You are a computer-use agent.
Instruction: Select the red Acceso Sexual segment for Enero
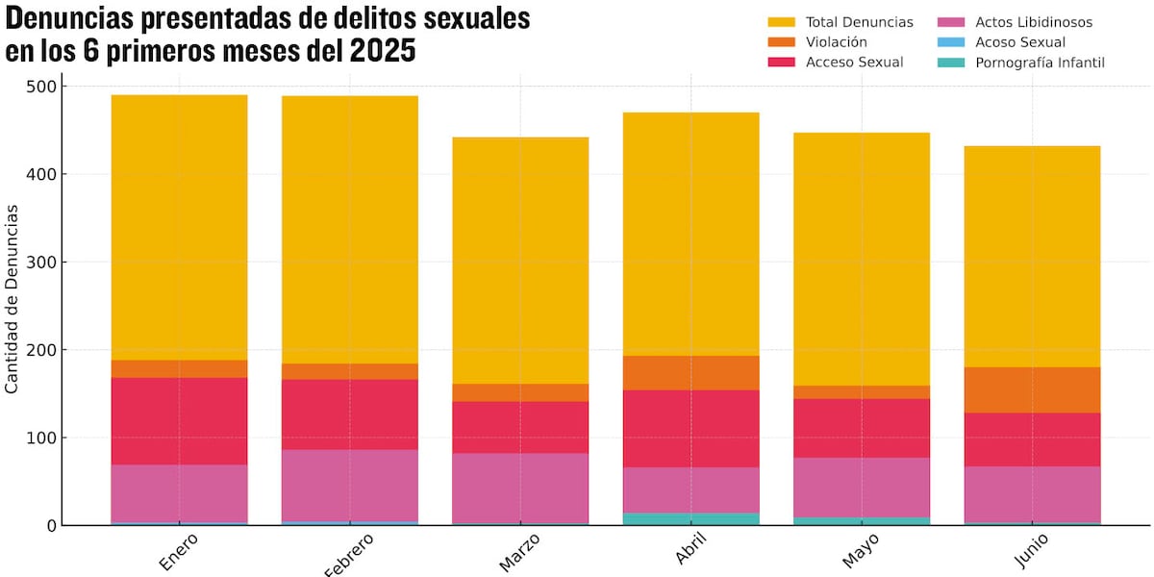click(179, 421)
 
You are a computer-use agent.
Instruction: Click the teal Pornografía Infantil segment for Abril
click(691, 518)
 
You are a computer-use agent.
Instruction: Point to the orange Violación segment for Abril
click(691, 372)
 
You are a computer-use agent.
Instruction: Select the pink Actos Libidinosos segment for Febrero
click(350, 485)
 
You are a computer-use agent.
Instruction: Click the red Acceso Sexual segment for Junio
click(1033, 439)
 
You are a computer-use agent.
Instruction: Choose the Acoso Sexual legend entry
click(1019, 42)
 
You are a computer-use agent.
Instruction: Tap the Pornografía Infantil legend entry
click(1039, 63)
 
